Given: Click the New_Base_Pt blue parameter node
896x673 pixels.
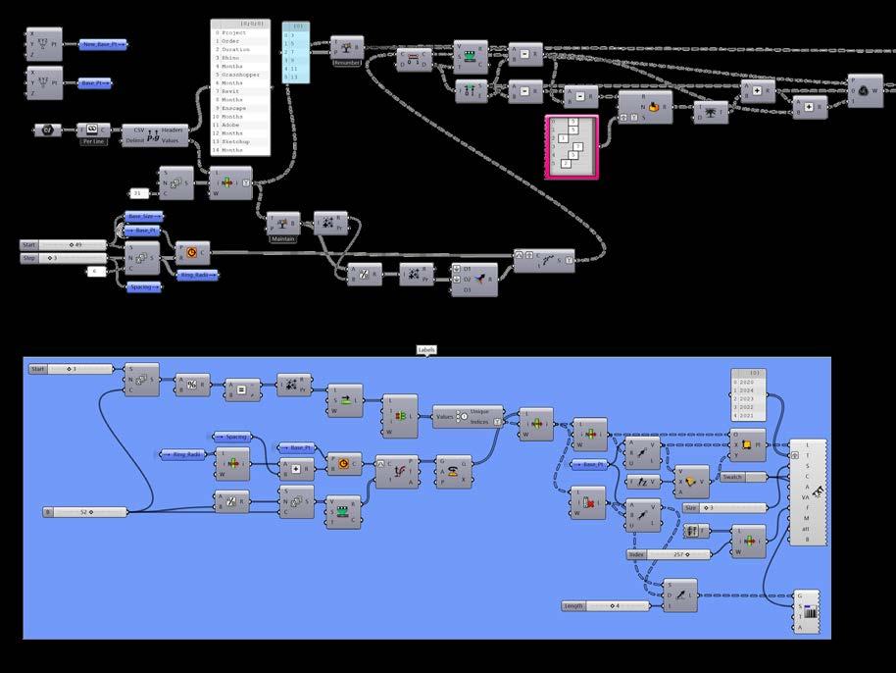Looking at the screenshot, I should [103, 45].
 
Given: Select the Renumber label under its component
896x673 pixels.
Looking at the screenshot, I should [347, 61].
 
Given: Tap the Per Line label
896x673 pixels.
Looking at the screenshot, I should [92, 141].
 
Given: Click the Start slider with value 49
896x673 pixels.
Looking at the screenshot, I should [68, 244].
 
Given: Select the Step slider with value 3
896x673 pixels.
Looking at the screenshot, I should [68, 258].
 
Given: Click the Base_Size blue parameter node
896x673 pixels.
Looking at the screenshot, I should [146, 216].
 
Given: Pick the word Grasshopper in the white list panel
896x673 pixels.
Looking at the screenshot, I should [242, 76].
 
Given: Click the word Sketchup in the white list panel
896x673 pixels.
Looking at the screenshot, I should [236, 142].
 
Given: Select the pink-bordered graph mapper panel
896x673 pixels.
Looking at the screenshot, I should [571, 146].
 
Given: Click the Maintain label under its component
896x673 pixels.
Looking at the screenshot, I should [281, 238].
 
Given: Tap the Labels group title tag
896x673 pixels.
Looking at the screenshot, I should [426, 349].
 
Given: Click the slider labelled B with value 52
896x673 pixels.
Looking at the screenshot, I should [86, 511].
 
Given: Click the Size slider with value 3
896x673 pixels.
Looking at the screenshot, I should [725, 507].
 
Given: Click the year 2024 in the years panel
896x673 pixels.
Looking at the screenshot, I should [747, 389].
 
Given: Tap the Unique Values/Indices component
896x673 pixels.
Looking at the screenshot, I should [468, 416].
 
